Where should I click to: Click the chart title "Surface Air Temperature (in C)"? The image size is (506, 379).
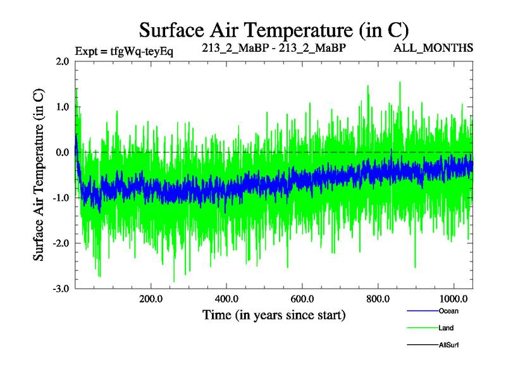click(x=274, y=30)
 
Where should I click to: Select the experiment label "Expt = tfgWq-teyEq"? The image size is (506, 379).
click(x=124, y=51)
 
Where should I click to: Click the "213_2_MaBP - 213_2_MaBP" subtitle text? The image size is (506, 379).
click(x=274, y=48)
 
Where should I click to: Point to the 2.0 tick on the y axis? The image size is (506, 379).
click(x=62, y=61)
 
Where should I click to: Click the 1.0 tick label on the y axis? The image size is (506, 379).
click(x=62, y=107)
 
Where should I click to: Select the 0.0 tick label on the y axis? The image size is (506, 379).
click(x=62, y=152)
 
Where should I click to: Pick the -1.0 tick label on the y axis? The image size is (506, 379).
click(x=61, y=198)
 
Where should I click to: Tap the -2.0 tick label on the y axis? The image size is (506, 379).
click(x=61, y=243)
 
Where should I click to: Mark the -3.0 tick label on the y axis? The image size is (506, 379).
click(x=61, y=289)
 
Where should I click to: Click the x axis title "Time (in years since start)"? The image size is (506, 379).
click(x=274, y=315)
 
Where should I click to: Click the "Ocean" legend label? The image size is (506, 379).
click(x=448, y=311)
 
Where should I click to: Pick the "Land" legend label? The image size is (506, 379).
click(x=446, y=328)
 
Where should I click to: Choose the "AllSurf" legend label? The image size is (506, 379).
click(x=448, y=345)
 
